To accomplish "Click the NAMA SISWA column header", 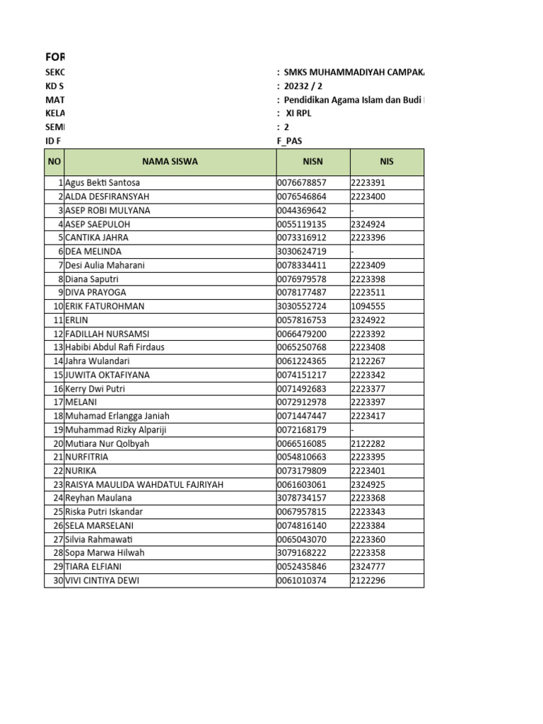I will (x=170, y=162).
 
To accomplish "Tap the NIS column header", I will (x=386, y=162).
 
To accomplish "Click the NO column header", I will (x=54, y=162).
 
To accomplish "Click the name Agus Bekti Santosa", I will (x=103, y=183).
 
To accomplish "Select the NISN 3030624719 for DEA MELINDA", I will (x=302, y=252).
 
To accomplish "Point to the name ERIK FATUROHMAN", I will (x=105, y=307).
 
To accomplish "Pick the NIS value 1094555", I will (x=368, y=307).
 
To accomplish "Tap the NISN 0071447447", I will (x=302, y=416).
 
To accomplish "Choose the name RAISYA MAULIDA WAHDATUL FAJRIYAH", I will (x=144, y=485).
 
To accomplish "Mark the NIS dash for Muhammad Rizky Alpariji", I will (x=352, y=430).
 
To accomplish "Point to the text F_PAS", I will (x=289, y=141).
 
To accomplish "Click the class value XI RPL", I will (x=298, y=113).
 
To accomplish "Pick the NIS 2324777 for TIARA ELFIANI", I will (x=368, y=567).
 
